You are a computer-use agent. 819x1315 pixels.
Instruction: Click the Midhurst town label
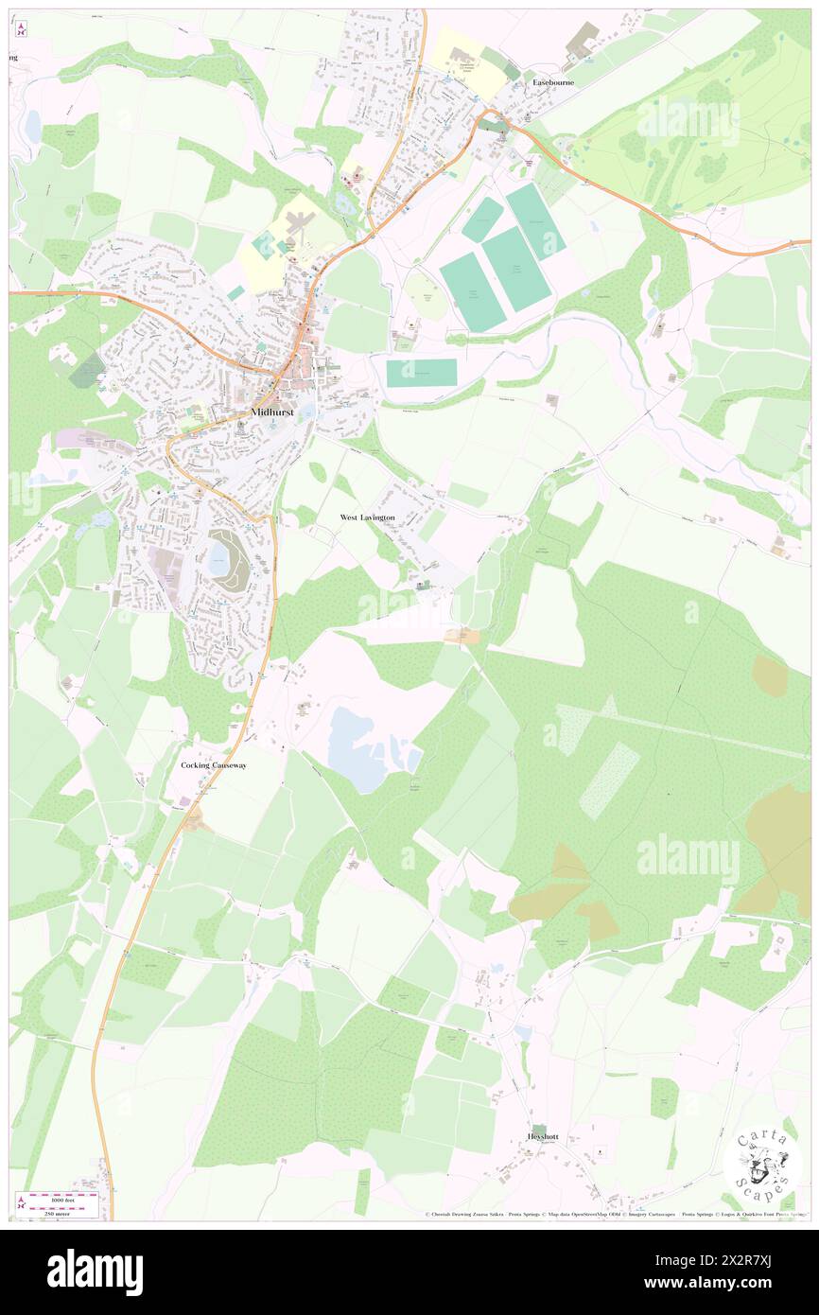tap(272, 412)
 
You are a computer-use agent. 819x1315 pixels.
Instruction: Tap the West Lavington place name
tap(367, 517)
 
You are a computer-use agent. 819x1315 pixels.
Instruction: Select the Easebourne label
tap(553, 82)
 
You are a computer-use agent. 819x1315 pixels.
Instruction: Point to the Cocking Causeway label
tap(214, 764)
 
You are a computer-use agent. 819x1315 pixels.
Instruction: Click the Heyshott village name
tap(543, 1136)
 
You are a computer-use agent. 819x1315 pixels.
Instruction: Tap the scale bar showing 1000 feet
tap(58, 1198)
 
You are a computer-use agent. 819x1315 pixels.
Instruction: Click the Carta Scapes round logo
tap(761, 1165)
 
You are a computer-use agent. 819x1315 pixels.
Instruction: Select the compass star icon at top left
tap(20, 30)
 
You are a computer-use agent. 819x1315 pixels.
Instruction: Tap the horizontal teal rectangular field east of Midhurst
tap(422, 373)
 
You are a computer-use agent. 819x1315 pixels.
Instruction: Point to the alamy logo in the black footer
tap(96, 1271)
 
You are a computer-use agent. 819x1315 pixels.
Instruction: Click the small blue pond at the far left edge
tap(33, 125)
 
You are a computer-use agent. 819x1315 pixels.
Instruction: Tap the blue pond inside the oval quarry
tap(219, 555)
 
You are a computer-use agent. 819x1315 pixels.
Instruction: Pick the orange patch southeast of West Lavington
tap(462, 637)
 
